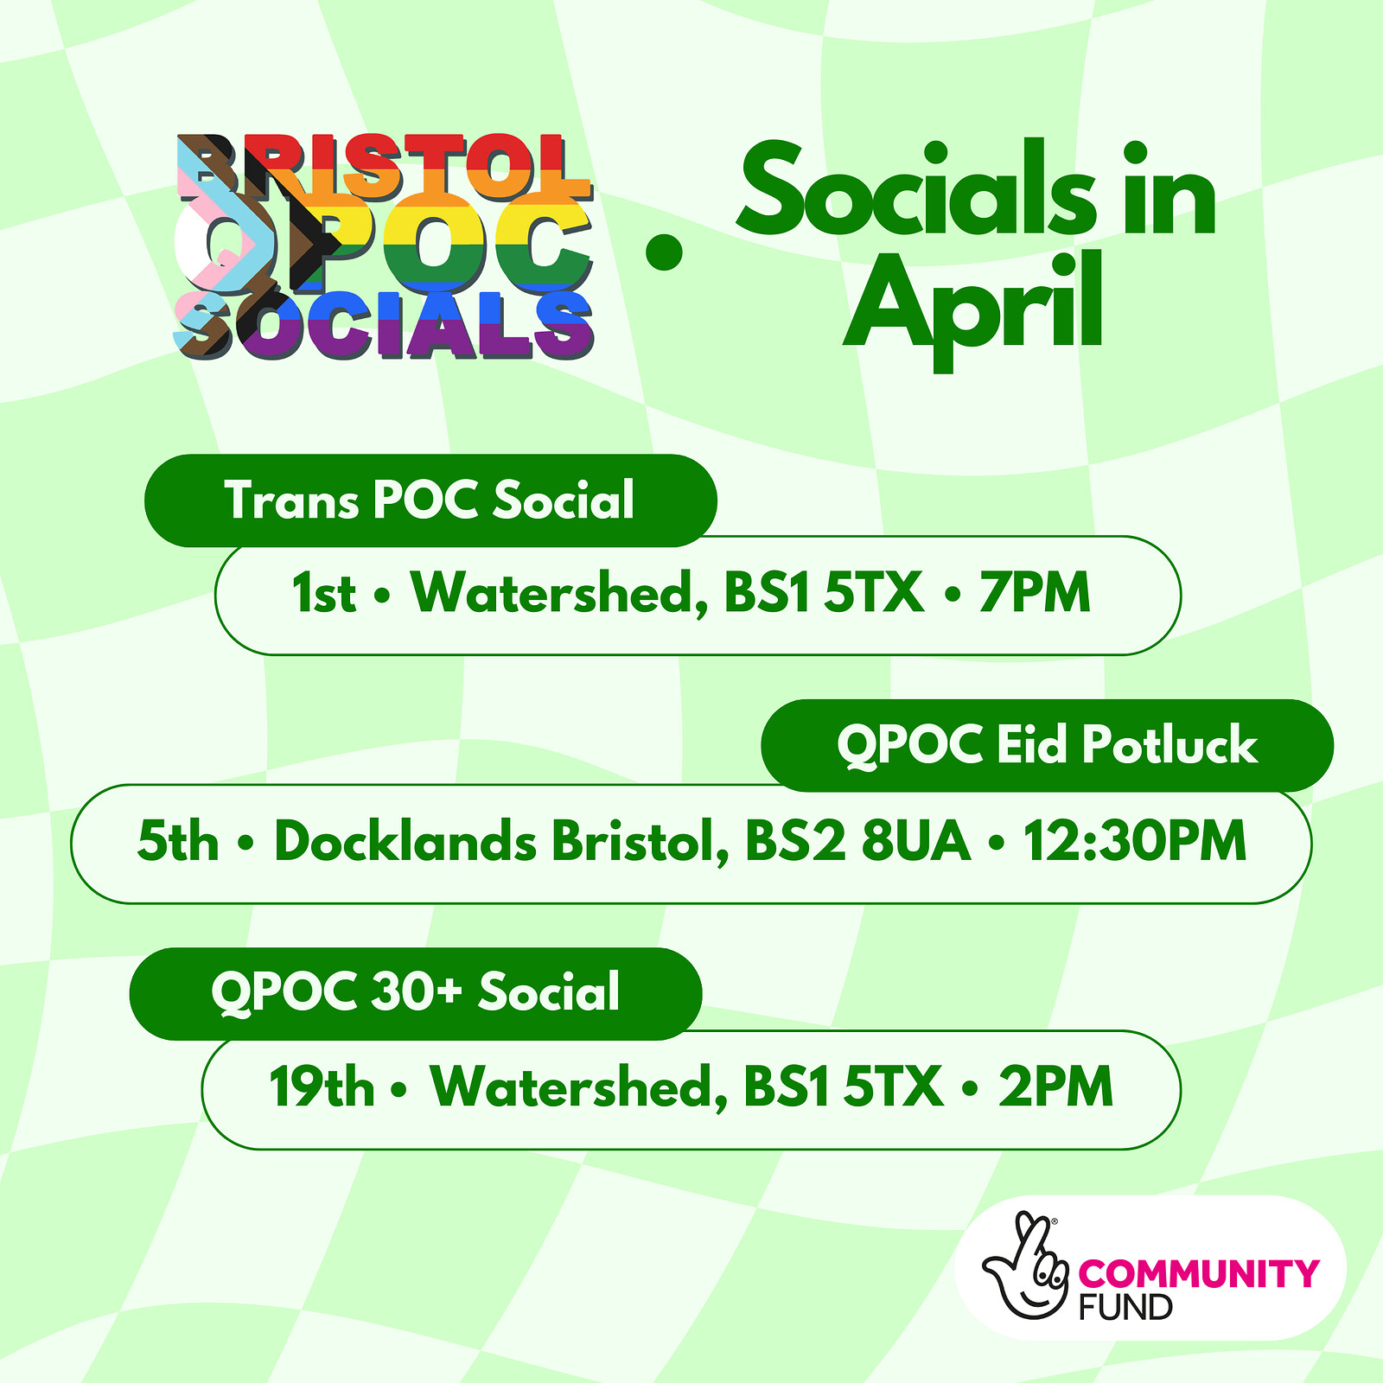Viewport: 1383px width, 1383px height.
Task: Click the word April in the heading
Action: pos(974,303)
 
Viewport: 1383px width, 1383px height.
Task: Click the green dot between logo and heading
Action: pos(664,252)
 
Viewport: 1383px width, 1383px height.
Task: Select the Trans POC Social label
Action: pos(430,500)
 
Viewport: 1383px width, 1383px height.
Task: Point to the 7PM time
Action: pos(1035,594)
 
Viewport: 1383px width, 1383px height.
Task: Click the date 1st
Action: pos(323,594)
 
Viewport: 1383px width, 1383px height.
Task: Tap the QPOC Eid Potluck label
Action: pos(1047,745)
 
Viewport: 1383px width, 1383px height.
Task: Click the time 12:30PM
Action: pos(1135,842)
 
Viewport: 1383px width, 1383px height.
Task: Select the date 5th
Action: pos(178,842)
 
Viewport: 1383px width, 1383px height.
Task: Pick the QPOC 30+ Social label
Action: pos(416,992)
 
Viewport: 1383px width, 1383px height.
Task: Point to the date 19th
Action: pos(322,1087)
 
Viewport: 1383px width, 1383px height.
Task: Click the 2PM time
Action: pos(1055,1087)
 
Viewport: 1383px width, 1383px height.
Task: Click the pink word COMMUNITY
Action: pos(1199,1273)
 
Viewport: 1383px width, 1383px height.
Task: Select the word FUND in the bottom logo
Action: pos(1125,1307)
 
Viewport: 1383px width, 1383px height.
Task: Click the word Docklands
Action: pos(405,842)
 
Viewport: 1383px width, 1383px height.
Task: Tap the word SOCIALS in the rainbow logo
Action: pos(386,326)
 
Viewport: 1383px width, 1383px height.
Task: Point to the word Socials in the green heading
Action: pos(916,192)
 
